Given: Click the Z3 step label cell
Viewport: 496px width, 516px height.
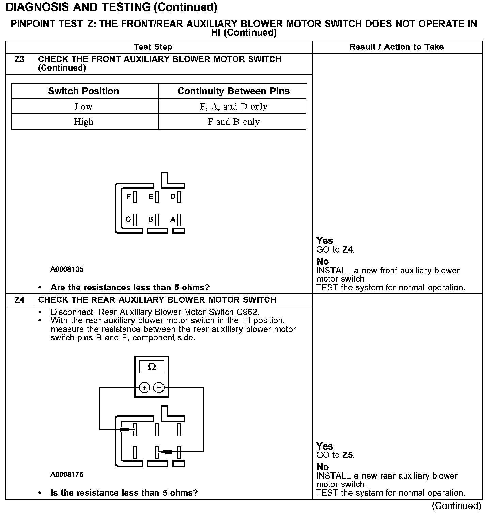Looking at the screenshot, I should pos(19,60).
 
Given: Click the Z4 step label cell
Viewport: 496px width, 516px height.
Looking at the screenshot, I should pos(19,300).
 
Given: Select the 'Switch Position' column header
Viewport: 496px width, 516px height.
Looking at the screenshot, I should pos(84,91).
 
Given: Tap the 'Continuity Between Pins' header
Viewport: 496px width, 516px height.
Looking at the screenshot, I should pos(233,91).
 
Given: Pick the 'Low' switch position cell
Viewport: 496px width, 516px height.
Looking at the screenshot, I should pos(84,107).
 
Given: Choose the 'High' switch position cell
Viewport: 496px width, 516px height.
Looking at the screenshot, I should pos(84,122).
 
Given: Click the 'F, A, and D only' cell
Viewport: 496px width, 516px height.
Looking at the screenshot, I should pos(233,107).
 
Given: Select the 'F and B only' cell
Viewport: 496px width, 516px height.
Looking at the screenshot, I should pos(233,122).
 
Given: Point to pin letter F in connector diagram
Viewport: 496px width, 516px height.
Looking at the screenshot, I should pos(128,197).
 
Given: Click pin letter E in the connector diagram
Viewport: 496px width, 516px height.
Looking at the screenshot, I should pos(151,197).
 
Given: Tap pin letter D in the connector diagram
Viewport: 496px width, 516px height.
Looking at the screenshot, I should pos(173,197).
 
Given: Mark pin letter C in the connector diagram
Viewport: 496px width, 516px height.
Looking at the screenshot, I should pos(128,219).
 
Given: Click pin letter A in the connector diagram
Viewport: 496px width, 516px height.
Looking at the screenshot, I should pos(173,219).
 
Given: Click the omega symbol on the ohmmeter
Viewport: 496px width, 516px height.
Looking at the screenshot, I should pos(152,367).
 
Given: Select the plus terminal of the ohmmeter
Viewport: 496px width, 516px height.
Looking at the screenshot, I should pos(144,388).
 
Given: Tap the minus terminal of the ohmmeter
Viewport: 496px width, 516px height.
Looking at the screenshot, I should pos(159,388).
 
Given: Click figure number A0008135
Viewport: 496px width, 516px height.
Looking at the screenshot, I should pos(67,269).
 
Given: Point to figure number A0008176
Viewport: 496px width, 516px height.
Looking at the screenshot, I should pos(67,474).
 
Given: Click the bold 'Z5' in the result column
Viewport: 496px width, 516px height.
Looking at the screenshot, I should pos(348,455).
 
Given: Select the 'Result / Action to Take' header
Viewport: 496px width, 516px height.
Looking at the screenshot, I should pos(397,47).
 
